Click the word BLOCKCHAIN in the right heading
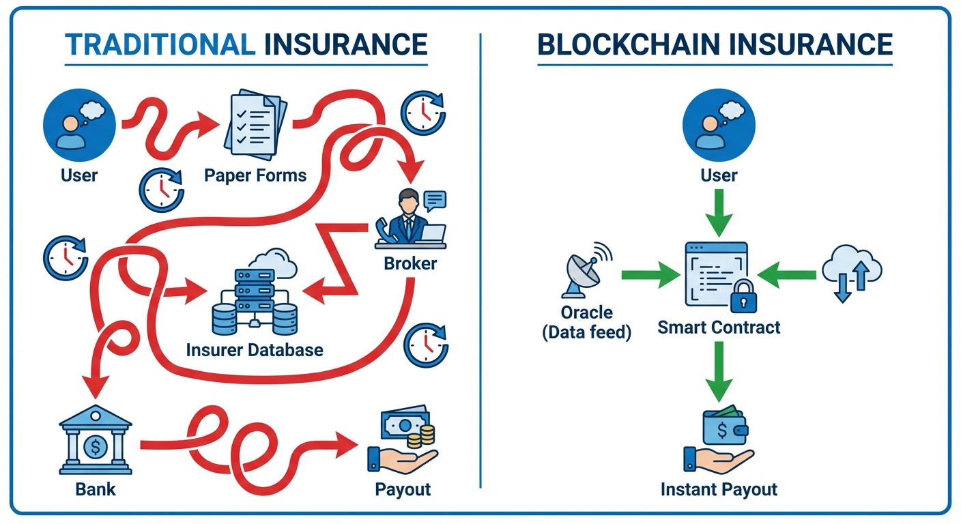pyautogui.click(x=629, y=44)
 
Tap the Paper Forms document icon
pyautogui.click(x=255, y=122)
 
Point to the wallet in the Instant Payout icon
pyautogui.click(x=725, y=427)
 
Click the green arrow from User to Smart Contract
pyautogui.click(x=719, y=212)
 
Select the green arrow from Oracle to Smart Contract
pyautogui.click(x=650, y=276)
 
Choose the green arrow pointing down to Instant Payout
pyautogui.click(x=719, y=373)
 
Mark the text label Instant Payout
pyautogui.click(x=719, y=489)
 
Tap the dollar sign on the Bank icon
pyautogui.click(x=95, y=448)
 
